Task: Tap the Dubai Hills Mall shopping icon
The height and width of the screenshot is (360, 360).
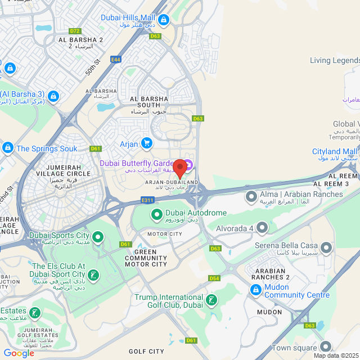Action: tap(163, 21)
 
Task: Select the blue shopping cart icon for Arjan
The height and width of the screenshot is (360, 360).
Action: tap(147, 144)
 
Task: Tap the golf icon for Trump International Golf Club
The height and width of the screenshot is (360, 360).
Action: tap(211, 300)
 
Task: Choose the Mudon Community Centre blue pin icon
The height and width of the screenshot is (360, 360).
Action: tap(255, 290)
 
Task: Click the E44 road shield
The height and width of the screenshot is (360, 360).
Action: tap(116, 59)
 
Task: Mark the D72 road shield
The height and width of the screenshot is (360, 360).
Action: tap(74, 30)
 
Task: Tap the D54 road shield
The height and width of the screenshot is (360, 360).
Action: tap(214, 278)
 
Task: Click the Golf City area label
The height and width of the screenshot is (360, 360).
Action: tap(146, 352)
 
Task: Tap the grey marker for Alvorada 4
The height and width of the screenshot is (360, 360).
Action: tap(262, 228)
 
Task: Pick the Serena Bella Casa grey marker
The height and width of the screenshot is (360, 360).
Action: tap(326, 247)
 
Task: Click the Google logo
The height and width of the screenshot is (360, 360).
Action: tap(19, 353)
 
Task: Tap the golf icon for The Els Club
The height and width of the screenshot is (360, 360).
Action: tap(93, 275)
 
